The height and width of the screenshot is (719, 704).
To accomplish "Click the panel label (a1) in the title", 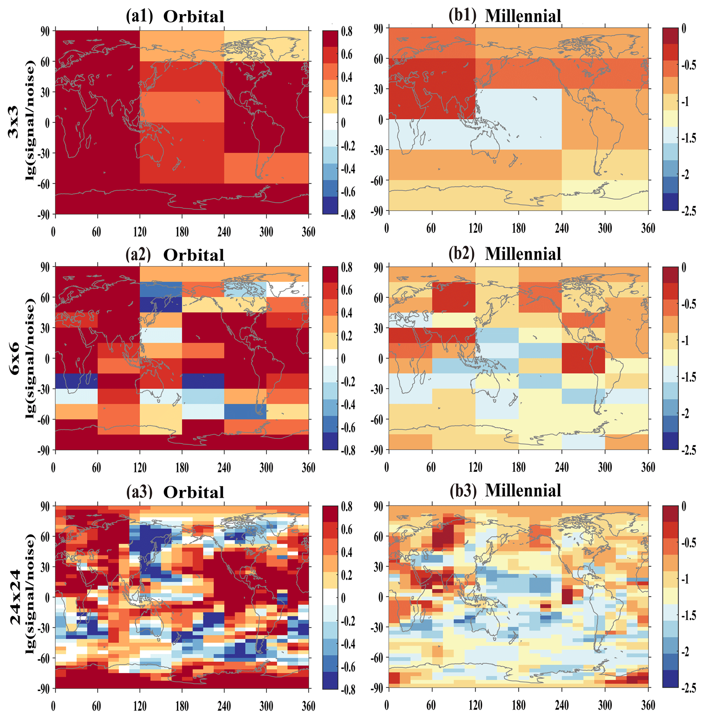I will click(139, 17).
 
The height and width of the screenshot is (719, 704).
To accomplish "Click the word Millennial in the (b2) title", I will click(523, 254).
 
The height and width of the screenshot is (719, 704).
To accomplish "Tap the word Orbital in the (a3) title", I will click(194, 492).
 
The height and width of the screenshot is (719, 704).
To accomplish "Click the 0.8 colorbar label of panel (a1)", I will click(346, 32).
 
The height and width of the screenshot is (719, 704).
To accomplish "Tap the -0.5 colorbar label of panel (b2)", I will click(688, 305).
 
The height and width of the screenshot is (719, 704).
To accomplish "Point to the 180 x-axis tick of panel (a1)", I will click(182, 232).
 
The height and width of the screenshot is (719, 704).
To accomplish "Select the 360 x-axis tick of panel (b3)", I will click(648, 706).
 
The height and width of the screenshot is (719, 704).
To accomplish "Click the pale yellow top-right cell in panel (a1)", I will click(266, 46).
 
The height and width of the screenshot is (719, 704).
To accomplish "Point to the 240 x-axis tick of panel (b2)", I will click(561, 468).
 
